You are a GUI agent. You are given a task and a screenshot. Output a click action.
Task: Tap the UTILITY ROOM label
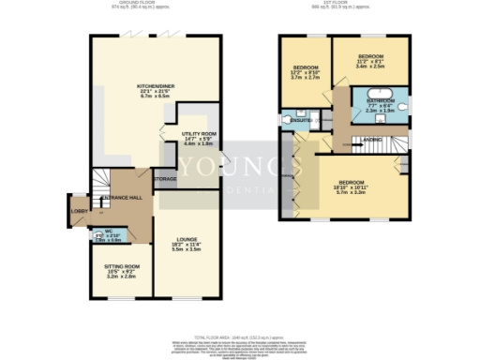point(199,134)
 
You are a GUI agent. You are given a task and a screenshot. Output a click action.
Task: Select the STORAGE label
point(165,177)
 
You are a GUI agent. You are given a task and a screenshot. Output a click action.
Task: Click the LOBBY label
point(78,211)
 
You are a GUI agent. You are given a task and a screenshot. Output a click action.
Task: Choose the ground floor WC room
point(110,235)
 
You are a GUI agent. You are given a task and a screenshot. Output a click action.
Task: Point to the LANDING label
point(372,140)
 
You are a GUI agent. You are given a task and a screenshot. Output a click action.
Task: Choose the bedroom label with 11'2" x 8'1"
point(372,58)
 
